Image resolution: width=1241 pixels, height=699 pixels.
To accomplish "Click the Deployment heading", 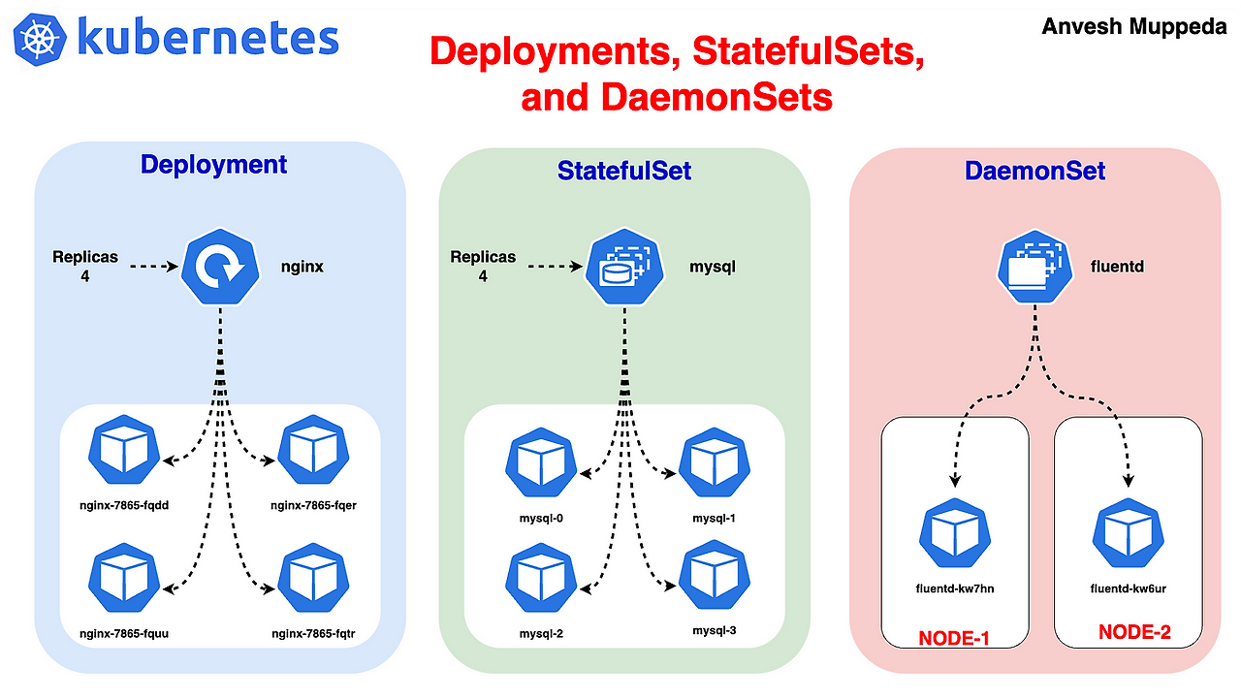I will pyautogui.click(x=213, y=164).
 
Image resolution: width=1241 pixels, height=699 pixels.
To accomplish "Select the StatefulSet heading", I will pyautogui.click(x=624, y=171).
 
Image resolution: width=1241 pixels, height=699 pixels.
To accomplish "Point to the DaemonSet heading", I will pyautogui.click(x=1034, y=172).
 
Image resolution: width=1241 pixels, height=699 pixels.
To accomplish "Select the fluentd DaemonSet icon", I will pyautogui.click(x=1034, y=265).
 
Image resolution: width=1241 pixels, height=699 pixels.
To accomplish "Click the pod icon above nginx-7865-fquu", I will pyautogui.click(x=123, y=580).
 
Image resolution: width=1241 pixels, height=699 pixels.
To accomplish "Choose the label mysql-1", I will pyautogui.click(x=715, y=518).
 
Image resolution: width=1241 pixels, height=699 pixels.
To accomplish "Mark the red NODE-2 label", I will pyautogui.click(x=1134, y=633).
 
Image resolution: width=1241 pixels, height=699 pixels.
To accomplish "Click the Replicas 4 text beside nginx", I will pyautogui.click(x=85, y=266).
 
